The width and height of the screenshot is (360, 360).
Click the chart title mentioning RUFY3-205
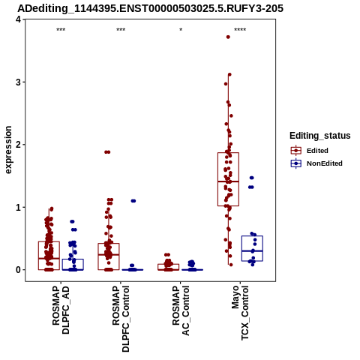click(151, 8)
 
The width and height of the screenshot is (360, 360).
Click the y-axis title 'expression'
click(8, 150)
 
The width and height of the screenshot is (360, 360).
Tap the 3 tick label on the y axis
click(18, 82)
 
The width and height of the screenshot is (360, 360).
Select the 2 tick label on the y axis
click(18, 145)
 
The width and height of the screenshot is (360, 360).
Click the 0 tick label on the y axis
click(18, 270)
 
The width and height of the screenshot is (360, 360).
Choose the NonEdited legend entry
click(316, 163)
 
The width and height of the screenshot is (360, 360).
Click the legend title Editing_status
click(320, 136)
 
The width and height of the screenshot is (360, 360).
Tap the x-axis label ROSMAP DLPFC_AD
click(61, 310)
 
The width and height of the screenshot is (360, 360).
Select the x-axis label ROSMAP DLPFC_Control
click(121, 319)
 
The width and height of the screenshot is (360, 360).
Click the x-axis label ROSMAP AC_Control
click(181, 310)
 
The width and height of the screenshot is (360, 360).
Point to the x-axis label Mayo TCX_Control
click(240, 313)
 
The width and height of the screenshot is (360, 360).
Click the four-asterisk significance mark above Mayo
click(240, 30)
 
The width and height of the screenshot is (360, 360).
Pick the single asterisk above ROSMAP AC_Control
click(181, 30)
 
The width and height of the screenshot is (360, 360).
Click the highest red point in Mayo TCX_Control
click(228, 37)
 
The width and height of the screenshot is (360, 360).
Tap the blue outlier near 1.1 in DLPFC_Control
click(133, 201)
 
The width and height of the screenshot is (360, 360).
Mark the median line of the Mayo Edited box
click(228, 181)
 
